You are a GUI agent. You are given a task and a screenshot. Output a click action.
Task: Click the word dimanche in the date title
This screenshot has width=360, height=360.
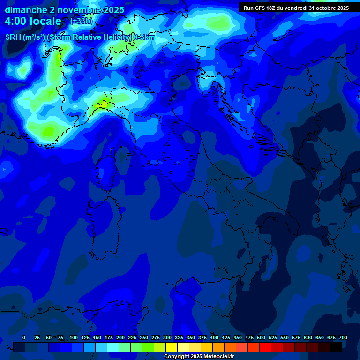click(26, 10)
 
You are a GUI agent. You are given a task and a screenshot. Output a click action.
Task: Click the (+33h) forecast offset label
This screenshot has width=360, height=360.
click(81, 21)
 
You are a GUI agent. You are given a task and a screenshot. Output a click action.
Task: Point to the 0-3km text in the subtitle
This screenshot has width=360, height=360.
click(144, 37)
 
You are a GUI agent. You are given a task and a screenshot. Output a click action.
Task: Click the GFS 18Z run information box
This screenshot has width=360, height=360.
click(296, 8)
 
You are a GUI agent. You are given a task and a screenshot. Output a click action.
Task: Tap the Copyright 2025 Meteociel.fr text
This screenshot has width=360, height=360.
click(199, 357)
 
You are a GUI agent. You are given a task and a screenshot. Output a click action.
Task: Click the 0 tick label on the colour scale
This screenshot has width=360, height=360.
click(24, 337)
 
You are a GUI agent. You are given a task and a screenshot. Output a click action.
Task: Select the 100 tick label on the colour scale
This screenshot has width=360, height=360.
click(74, 337)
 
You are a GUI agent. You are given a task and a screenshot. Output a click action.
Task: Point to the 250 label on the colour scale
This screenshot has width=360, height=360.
click(144, 337)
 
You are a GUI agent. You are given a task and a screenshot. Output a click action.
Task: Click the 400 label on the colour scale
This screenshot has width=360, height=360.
click(214, 337)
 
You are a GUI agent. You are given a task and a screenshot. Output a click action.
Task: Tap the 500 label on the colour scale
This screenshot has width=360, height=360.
click(261, 337)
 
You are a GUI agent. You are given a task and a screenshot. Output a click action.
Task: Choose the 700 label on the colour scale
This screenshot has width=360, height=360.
click(343, 337)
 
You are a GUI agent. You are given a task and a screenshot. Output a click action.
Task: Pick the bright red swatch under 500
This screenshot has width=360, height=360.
click(265, 347)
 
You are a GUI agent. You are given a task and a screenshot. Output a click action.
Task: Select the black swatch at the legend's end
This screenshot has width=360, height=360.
click(336, 347)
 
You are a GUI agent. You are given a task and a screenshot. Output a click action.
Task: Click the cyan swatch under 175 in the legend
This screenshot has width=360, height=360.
click(113, 347)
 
